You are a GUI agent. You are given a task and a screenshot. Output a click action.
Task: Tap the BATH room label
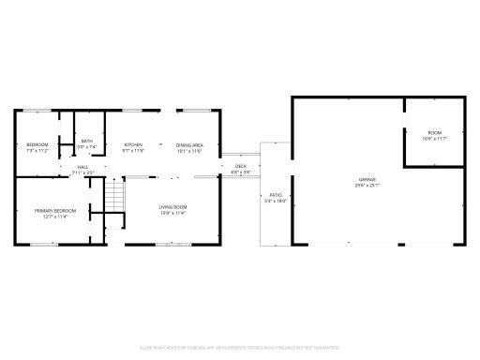tap(86, 141)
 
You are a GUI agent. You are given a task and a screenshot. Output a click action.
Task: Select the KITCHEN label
tap(134, 143)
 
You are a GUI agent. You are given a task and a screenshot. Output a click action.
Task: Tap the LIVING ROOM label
tap(172, 206)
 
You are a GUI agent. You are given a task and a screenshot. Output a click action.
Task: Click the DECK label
tap(241, 166)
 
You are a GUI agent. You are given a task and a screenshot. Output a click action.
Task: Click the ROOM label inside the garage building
tap(435, 132)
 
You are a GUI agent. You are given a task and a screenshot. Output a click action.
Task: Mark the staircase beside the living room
tap(113, 196)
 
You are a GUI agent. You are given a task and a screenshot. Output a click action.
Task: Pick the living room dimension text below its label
tap(172, 213)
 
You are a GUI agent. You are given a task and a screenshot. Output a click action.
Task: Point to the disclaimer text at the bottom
tap(239, 348)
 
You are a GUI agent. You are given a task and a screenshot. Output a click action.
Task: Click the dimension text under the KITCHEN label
tap(134, 150)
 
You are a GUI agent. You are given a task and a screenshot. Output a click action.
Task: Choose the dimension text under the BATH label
tap(86, 147)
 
